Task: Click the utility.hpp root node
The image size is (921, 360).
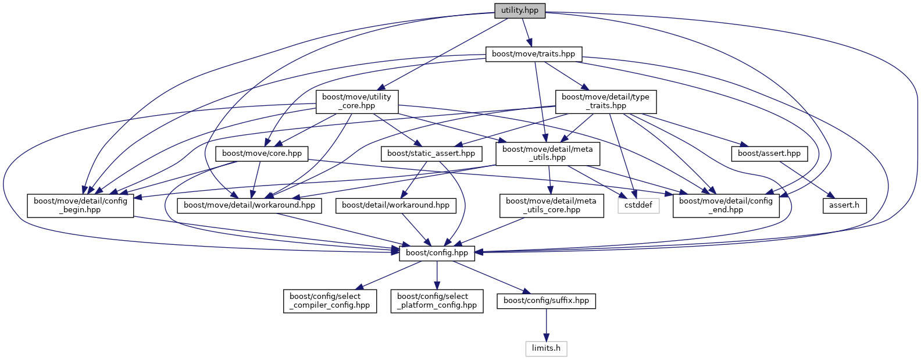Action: [520, 10]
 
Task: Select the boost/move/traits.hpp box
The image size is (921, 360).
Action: [533, 54]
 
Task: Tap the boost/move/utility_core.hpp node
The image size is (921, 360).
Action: [356, 101]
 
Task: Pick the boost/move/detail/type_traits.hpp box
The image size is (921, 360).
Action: [605, 101]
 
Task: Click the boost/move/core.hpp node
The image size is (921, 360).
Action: [262, 154]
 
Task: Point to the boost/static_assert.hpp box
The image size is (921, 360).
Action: [431, 154]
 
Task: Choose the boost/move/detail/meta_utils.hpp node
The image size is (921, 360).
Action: [547, 154]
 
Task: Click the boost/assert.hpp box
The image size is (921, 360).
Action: [769, 154]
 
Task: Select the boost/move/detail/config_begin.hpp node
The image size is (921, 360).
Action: [80, 205]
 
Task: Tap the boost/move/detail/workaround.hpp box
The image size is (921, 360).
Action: [249, 205]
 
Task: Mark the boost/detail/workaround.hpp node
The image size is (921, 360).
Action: [395, 205]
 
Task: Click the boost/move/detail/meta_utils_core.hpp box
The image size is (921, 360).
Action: [551, 205]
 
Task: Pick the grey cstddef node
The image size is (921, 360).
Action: [638, 205]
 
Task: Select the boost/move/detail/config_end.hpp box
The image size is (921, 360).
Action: [726, 205]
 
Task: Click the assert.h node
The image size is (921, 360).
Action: [844, 205]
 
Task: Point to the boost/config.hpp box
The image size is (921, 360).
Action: [437, 253]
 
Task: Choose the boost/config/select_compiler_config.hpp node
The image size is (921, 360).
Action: [330, 301]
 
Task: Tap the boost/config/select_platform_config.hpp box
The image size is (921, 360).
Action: [437, 301]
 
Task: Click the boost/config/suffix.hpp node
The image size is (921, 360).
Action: [546, 301]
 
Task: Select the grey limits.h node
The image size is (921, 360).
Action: [546, 348]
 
